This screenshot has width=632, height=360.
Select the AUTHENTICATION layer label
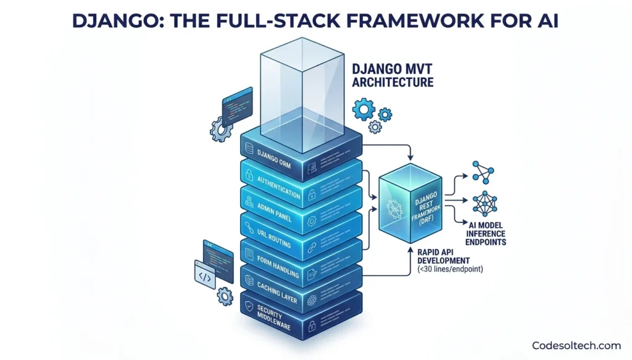click(278, 186)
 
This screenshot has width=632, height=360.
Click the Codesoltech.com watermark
click(576, 345)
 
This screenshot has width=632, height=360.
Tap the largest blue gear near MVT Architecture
click(363, 109)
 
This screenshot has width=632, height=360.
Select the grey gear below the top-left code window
click(220, 129)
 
